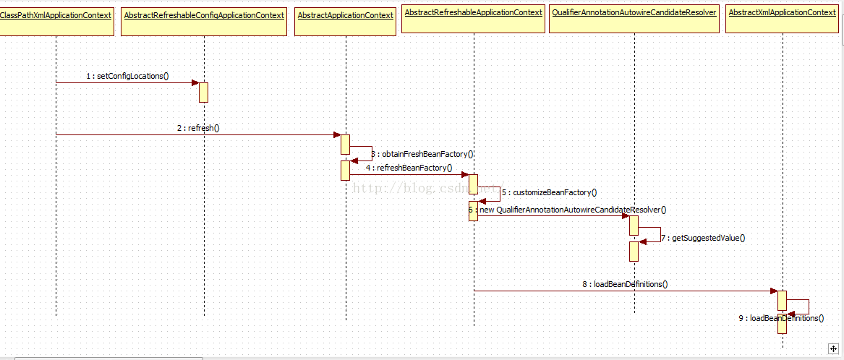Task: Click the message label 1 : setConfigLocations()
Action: tap(127, 76)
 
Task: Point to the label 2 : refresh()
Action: tap(198, 128)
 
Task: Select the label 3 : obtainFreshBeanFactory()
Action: tap(422, 154)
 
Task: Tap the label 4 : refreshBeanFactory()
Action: tap(409, 168)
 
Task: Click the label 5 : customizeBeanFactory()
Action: tap(549, 192)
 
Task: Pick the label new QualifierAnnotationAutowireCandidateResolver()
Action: tap(571, 210)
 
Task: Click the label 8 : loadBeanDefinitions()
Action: tap(625, 284)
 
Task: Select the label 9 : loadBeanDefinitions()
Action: tap(781, 318)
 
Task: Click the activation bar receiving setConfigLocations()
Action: tap(204, 92)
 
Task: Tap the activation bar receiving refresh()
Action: tap(346, 144)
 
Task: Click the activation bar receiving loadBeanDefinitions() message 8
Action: tap(782, 300)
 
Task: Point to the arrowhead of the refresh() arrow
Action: tap(336, 134)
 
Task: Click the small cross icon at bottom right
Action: tap(833, 348)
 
